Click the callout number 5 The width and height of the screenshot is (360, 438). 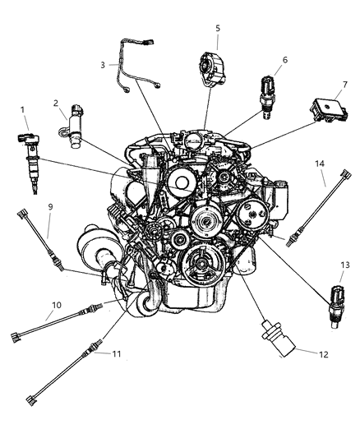(x=217, y=29)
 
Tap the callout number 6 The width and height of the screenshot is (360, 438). (x=261, y=59)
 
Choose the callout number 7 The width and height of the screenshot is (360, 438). (x=321, y=83)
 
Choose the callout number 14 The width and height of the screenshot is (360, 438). (x=321, y=164)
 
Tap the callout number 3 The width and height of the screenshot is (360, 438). (x=104, y=64)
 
